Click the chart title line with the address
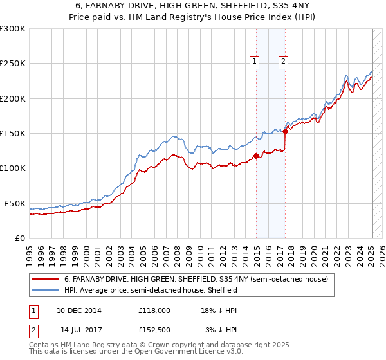click(192, 6)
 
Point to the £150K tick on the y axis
click(13, 134)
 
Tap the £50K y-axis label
click(15, 203)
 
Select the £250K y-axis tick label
click(13, 64)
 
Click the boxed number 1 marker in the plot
click(255, 62)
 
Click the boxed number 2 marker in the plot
click(283, 62)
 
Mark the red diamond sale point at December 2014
click(256, 155)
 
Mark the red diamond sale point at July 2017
click(285, 131)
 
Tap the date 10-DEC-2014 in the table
click(78, 310)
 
